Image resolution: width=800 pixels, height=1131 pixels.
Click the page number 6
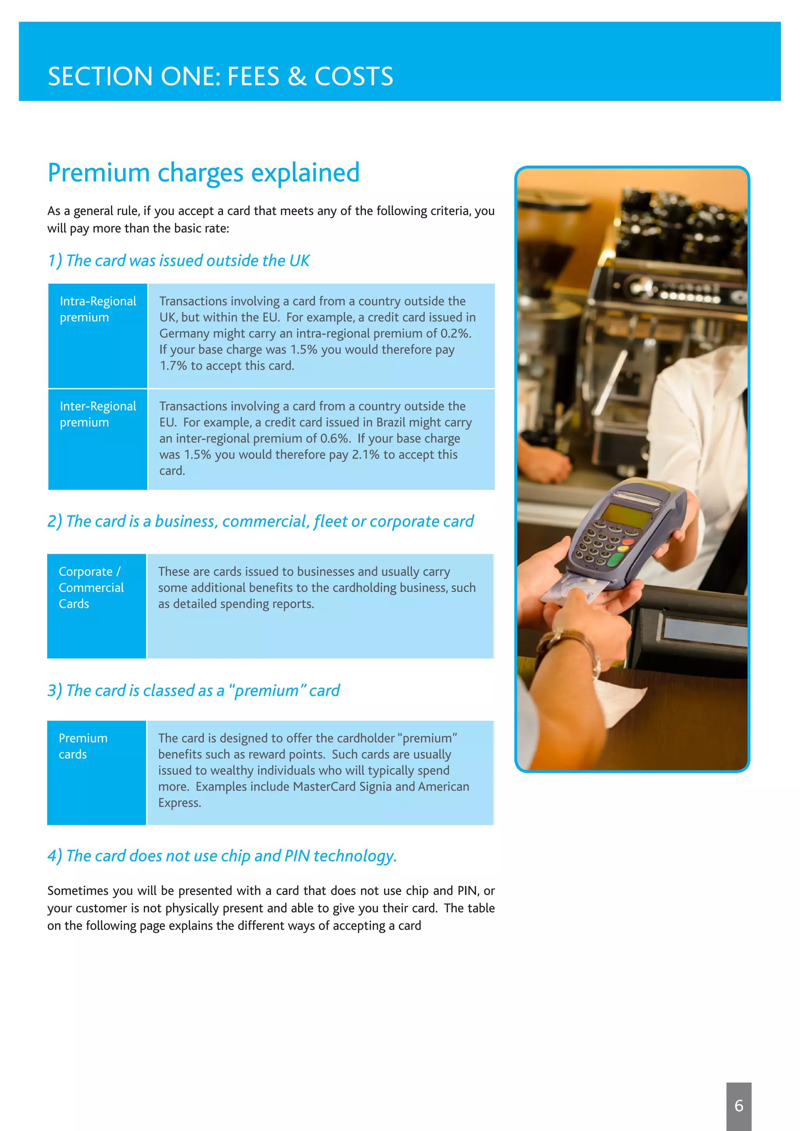tap(738, 1105)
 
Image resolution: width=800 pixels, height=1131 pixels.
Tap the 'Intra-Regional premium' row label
tap(98, 309)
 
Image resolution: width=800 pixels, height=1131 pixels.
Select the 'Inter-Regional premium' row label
tap(98, 414)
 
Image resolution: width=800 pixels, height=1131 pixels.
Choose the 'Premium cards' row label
tap(83, 746)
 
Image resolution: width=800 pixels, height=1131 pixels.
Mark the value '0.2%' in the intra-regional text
tap(455, 334)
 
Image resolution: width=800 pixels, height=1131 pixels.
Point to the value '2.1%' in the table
tap(366, 455)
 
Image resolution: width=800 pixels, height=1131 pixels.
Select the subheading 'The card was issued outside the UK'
tap(179, 260)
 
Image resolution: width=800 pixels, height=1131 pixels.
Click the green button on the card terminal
tap(616, 560)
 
